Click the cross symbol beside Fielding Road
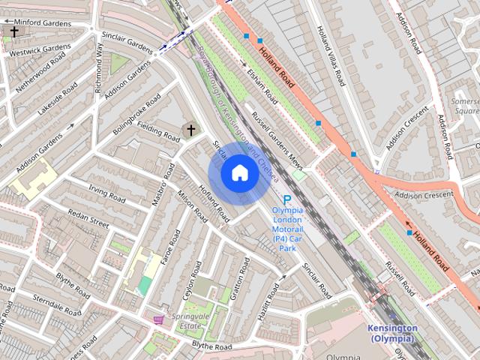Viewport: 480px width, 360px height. [x=190, y=130]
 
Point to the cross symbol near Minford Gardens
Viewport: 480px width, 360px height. [x=14, y=31]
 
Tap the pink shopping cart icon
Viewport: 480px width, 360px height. [x=158, y=319]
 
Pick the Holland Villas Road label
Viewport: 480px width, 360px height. [x=330, y=56]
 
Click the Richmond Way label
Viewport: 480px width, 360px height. [x=98, y=67]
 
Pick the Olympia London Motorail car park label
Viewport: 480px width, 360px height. [x=287, y=229]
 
